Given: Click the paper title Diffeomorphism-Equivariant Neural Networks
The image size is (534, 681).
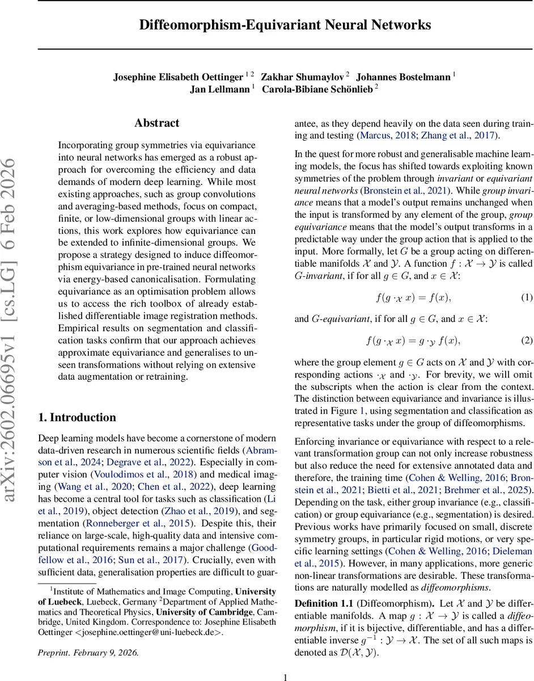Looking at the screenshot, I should [285, 25].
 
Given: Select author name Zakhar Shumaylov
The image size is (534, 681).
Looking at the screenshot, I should [304, 76].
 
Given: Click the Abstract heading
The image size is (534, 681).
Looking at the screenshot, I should [156, 123].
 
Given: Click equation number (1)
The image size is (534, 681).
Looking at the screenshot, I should [527, 297].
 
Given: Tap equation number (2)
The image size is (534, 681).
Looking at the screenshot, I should [527, 340].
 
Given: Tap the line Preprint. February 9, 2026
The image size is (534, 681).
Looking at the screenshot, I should [88, 652].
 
